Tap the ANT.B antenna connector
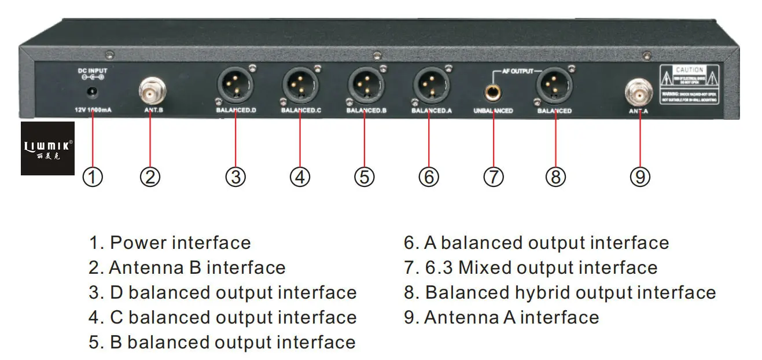click(152, 90)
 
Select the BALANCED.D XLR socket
click(234, 86)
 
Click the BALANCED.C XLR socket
click(300, 86)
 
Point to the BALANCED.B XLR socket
click(365, 86)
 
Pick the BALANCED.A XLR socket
click(430, 86)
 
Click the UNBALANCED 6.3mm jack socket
click(493, 91)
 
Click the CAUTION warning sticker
click(689, 84)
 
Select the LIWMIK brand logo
click(48, 149)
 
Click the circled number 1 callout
click(93, 177)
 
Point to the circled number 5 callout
click(364, 177)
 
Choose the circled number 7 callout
click(494, 177)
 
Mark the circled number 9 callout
click(640, 177)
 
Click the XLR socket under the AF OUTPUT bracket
click(554, 86)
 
